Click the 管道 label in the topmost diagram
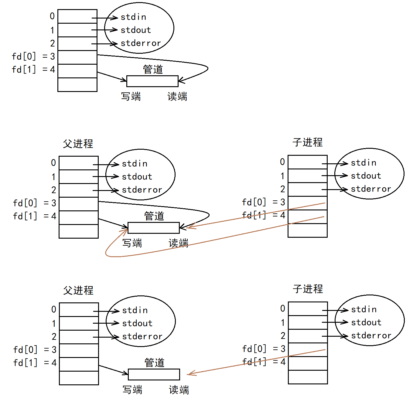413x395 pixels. (153, 69)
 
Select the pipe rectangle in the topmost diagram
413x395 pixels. (152, 81)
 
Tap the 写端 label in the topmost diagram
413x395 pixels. (131, 97)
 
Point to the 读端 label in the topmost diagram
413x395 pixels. (177, 97)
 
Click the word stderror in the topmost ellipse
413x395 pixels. (141, 43)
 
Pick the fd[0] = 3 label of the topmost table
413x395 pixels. (33, 56)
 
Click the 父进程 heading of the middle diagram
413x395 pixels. (78, 144)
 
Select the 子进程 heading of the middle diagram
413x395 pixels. (308, 142)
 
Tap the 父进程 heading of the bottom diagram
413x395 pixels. (78, 290)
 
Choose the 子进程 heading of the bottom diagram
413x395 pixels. (308, 289)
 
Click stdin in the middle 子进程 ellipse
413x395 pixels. (364, 163)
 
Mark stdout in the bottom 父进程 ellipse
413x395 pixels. (137, 323)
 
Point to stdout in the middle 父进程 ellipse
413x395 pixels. (137, 177)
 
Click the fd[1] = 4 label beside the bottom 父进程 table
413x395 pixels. (35, 363)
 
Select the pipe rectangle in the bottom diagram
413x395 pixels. (154, 374)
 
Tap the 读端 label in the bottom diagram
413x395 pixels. (179, 390)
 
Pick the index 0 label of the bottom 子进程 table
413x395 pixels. (283, 309)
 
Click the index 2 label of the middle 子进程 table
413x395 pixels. (283, 189)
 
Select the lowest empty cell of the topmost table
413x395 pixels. (77, 85)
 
